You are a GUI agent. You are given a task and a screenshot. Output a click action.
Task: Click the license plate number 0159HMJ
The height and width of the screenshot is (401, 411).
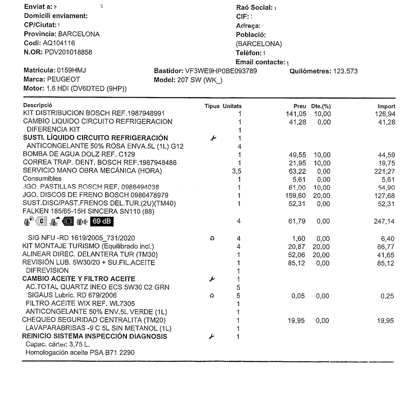71,70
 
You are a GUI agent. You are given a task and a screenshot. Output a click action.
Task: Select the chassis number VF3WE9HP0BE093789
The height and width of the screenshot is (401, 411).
221,71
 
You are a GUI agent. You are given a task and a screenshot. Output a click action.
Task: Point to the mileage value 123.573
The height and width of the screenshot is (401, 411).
345,71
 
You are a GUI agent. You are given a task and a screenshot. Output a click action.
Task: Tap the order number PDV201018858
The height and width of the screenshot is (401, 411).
68,52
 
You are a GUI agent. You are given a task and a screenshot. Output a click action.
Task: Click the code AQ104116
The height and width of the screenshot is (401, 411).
59,43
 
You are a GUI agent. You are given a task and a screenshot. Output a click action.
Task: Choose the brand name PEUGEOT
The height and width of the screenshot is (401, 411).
63,79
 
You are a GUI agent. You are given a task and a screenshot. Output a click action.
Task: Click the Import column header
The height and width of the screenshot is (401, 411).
386,106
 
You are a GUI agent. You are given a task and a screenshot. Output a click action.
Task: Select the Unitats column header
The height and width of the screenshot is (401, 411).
232,106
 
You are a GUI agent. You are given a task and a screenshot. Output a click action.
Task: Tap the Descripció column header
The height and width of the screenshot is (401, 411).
38,105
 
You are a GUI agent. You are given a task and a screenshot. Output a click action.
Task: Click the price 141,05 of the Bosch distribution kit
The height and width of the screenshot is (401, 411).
296,114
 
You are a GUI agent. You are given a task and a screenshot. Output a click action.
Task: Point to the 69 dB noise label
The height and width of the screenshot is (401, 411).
102,221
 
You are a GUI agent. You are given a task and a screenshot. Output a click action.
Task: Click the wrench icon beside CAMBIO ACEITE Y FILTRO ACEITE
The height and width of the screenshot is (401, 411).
212,279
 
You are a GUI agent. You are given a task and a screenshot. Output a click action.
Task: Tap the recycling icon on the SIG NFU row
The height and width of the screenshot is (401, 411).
212,238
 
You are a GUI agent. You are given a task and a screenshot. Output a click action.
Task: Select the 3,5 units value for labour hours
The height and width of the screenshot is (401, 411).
237,171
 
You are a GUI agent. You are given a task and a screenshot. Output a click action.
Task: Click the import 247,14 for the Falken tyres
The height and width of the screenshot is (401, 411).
384,221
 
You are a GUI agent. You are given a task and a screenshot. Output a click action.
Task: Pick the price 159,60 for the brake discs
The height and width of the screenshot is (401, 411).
295,196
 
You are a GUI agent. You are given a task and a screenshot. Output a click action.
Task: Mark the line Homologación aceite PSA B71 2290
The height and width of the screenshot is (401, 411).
80,352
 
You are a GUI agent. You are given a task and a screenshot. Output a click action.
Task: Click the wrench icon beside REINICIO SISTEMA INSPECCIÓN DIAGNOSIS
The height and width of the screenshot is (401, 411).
211,337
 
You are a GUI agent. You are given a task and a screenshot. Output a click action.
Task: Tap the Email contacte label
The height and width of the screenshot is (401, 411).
260,62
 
